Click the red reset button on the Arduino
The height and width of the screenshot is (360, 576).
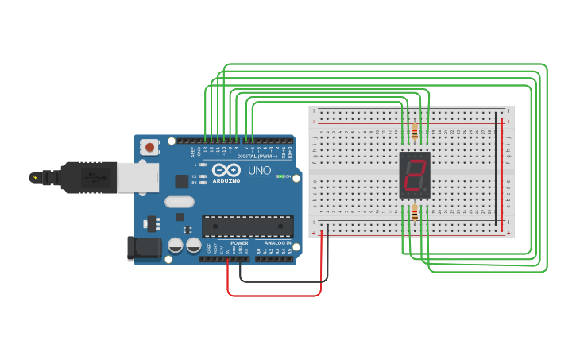coord(149,147)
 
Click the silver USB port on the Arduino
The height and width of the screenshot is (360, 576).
coord(137,177)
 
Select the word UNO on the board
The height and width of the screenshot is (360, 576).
coord(260,171)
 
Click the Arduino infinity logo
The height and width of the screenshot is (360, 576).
coord(226,170)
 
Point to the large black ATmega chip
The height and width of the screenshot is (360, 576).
coord(247,226)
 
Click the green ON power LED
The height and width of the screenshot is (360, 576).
coord(279,176)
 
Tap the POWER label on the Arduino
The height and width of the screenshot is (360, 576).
coord(239,243)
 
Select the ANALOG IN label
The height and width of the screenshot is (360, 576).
coord(277,243)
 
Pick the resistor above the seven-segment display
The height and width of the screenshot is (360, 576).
coord(415,131)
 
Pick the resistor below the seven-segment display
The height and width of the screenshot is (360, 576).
coord(415,213)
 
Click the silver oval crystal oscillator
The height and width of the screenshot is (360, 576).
coord(180,202)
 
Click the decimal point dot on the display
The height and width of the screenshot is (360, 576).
coord(427,192)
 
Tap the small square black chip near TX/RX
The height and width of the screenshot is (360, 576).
coord(182,181)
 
